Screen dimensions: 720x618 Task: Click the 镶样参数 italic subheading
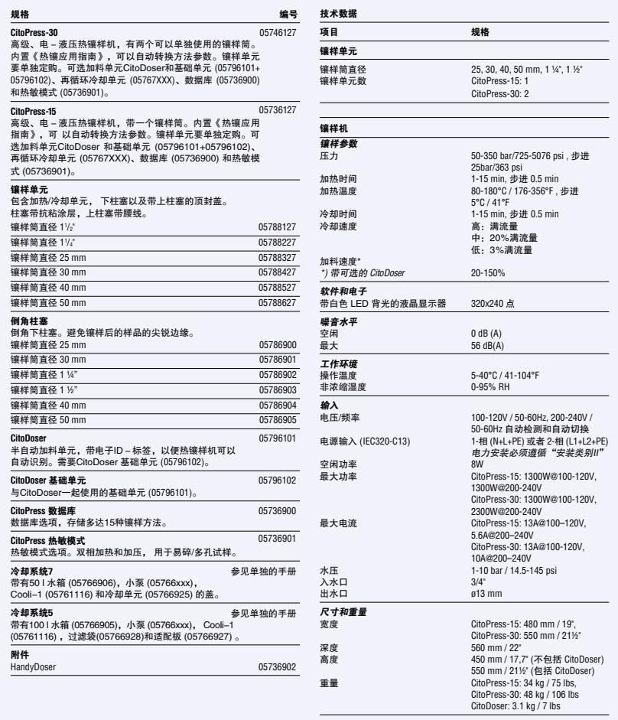(x=338, y=144)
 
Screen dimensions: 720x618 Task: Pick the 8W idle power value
(x=477, y=464)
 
